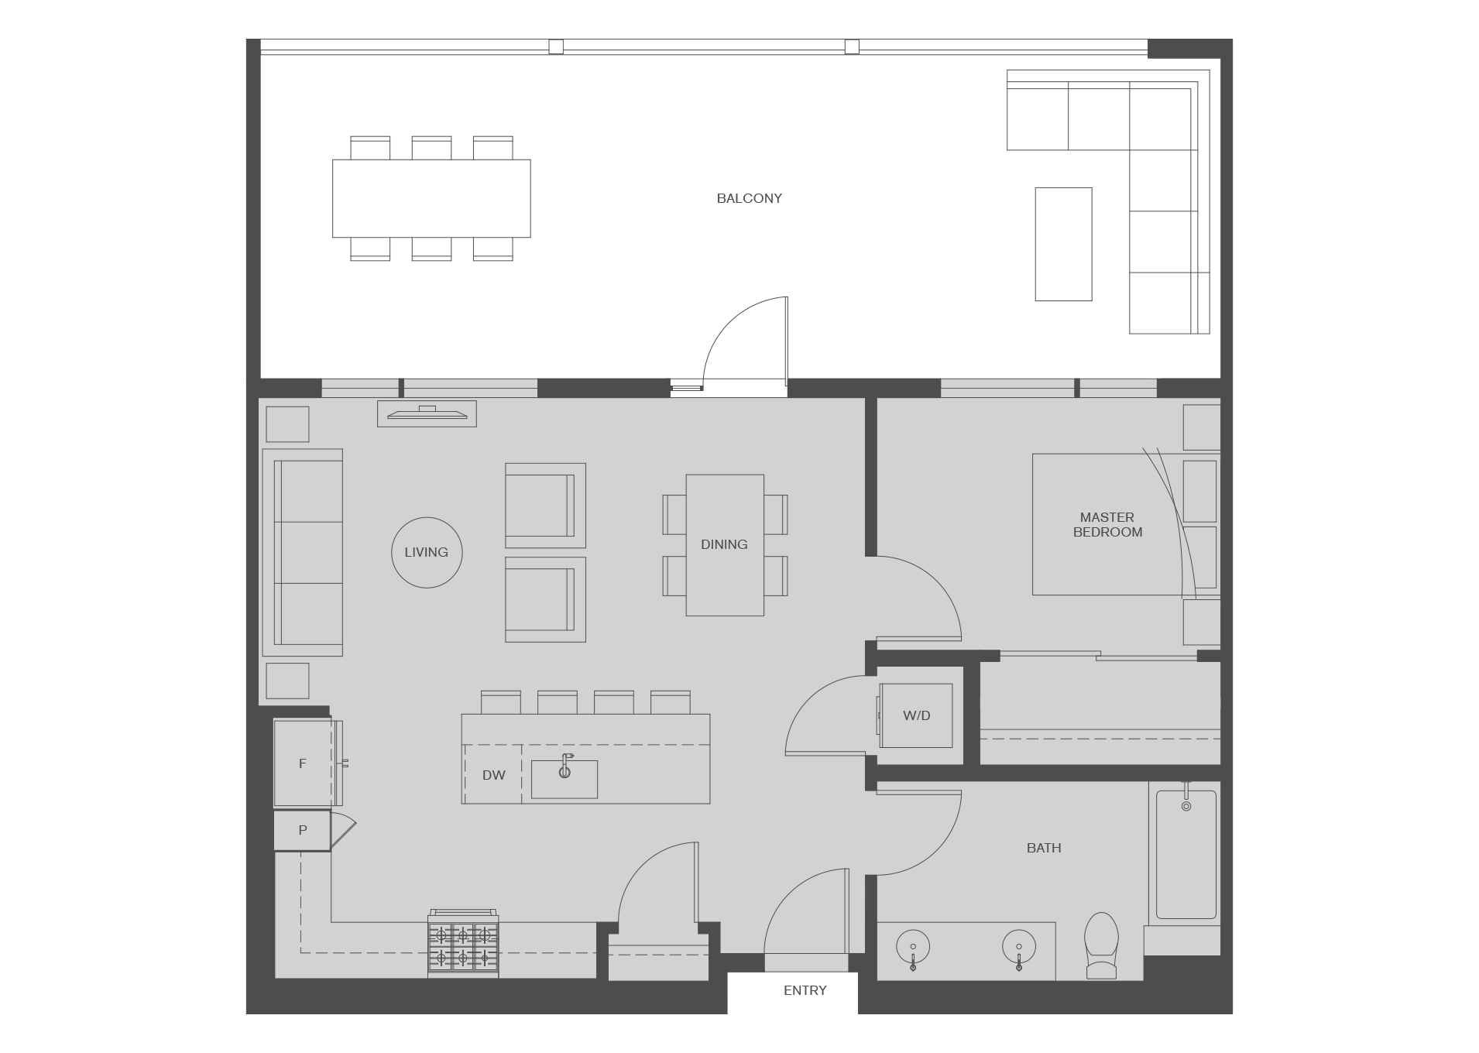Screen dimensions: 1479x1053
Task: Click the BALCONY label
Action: (749, 198)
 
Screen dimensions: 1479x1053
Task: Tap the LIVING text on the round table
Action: (426, 552)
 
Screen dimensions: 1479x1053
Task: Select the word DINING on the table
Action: (724, 544)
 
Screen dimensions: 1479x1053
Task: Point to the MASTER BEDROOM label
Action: (1107, 524)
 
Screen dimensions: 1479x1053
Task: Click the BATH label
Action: (1044, 848)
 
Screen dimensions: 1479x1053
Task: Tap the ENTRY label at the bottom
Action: (805, 990)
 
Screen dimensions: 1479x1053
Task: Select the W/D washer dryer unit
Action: (916, 715)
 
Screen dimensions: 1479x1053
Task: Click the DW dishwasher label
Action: (493, 775)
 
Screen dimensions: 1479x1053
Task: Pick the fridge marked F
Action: (304, 763)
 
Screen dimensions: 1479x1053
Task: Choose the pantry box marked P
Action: (303, 830)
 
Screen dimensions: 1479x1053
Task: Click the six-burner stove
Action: (463, 945)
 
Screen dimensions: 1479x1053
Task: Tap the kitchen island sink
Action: (564, 779)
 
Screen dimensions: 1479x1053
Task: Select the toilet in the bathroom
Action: (1101, 945)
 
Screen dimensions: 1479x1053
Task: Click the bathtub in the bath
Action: (1186, 854)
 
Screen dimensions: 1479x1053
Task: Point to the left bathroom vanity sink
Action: (913, 947)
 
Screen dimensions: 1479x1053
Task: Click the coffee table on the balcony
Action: (1063, 244)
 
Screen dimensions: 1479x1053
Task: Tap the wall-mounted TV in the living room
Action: (427, 413)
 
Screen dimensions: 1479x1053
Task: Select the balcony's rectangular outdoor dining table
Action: (431, 198)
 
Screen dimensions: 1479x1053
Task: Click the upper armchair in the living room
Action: (545, 505)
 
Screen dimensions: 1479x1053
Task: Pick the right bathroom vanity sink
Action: (1019, 947)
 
